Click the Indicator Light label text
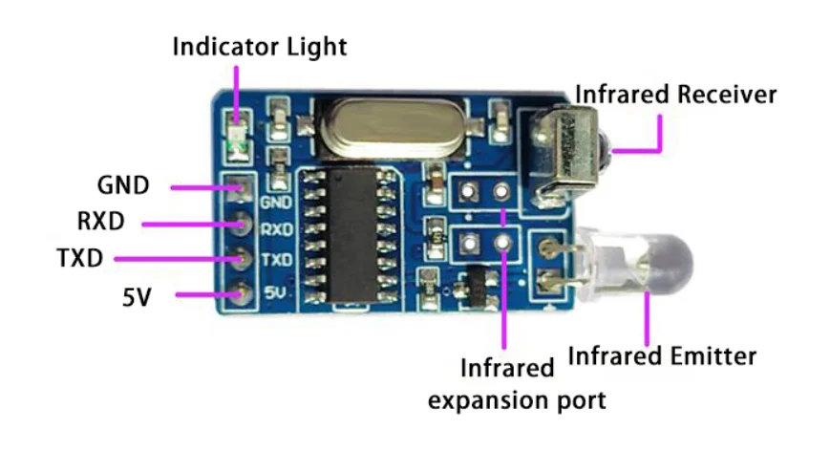259,46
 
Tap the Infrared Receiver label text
675,95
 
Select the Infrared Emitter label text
662,356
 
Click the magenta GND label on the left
124,185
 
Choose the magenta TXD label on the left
81,258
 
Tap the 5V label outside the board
136,296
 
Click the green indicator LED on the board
236,149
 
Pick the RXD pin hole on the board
238,225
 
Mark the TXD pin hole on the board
238,259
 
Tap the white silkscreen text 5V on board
274,291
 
